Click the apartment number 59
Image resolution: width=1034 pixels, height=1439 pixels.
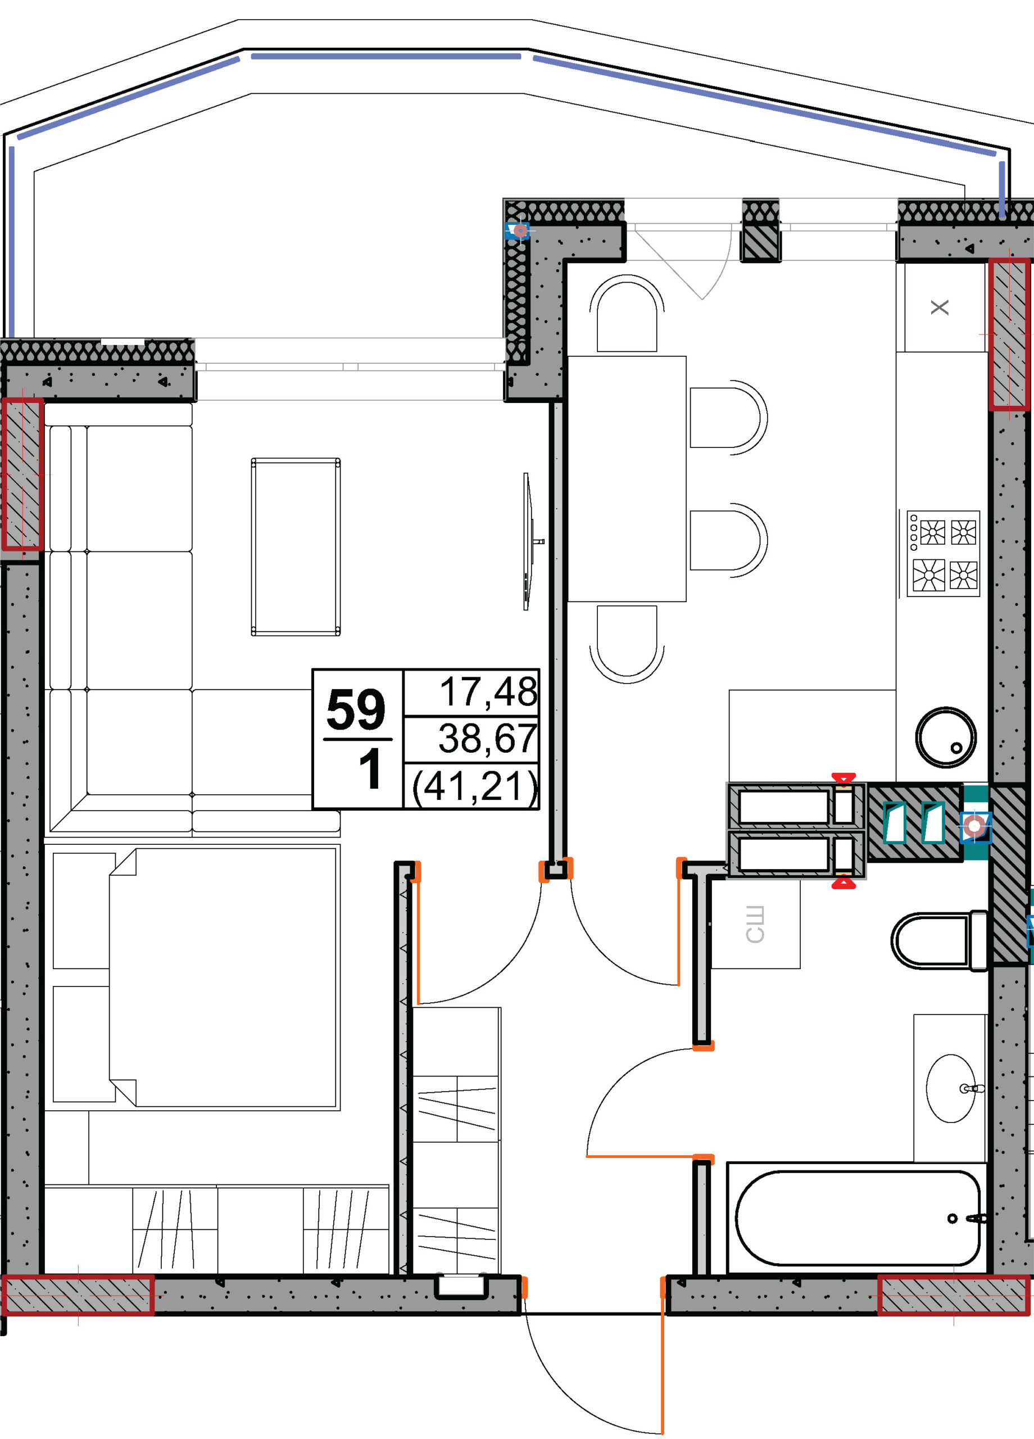[x=356, y=709]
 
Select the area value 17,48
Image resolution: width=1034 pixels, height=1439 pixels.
[x=488, y=691]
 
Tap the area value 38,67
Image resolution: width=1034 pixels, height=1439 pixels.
[x=488, y=739]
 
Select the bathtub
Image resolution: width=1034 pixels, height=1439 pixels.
[x=858, y=1218]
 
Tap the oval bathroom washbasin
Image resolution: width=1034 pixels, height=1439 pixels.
[x=951, y=1089]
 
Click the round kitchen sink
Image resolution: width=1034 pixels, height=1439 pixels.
[x=946, y=737]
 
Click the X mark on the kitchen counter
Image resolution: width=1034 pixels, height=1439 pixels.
[x=940, y=307]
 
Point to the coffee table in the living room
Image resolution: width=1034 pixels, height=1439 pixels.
[x=296, y=547]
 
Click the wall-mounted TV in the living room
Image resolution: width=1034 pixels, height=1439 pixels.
[x=528, y=541]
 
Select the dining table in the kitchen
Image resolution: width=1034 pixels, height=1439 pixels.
[x=627, y=478]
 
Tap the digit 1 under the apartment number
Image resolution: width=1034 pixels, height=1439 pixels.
[x=370, y=769]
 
